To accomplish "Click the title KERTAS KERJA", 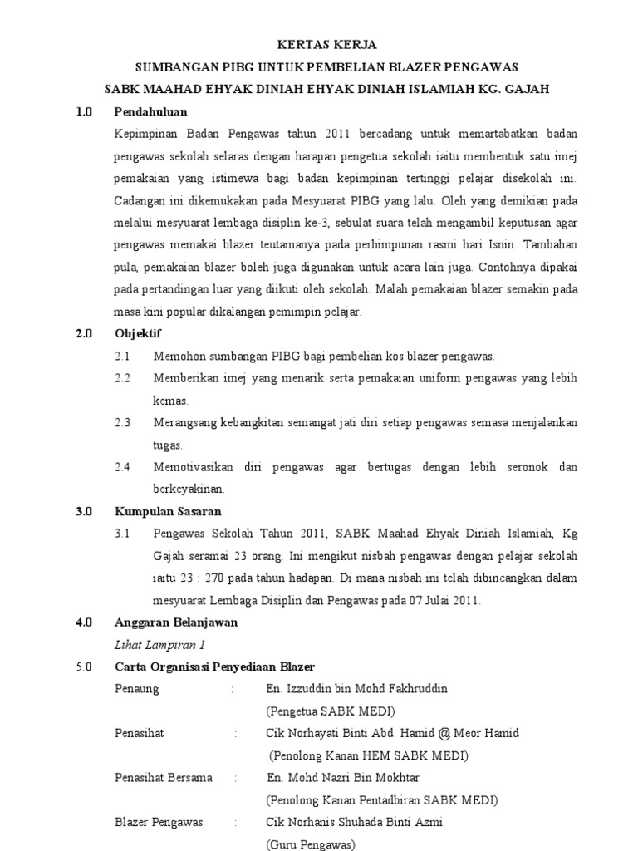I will tap(319, 45).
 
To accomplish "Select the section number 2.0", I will tap(83, 333).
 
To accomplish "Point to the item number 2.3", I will tap(123, 422).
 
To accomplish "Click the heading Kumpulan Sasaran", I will tap(168, 511).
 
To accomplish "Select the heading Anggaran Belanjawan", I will tap(175, 622).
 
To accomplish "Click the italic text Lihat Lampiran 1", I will tap(159, 644).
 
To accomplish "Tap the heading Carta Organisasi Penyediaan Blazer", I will tap(214, 667).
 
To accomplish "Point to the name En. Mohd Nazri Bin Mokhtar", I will tap(343, 778).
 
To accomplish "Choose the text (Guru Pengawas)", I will tap(310, 844).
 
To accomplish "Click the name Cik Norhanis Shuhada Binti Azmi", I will tap(354, 822).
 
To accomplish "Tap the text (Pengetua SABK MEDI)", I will tap(330, 711).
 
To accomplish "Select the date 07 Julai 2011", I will tap(449, 600).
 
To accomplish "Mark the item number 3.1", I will tap(123, 534).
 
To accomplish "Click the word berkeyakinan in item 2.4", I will tap(189, 489).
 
